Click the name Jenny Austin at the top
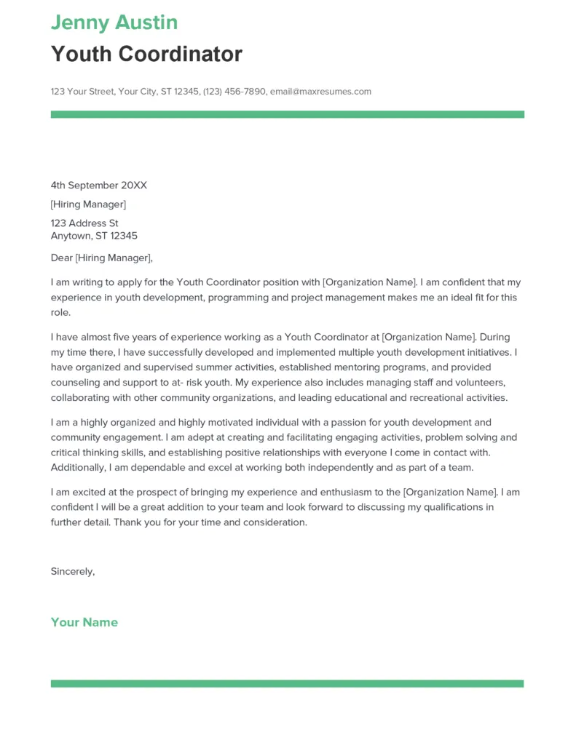click(114, 23)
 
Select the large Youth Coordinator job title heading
click(146, 54)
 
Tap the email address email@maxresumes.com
click(320, 92)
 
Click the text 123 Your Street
click(82, 92)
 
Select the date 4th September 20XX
click(98, 186)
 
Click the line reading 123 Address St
click(84, 223)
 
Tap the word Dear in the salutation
click(61, 258)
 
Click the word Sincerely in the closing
click(72, 571)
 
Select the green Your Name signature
click(84, 622)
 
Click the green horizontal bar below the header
click(287, 114)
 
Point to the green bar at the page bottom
click(287, 684)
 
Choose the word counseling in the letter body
click(76, 383)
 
